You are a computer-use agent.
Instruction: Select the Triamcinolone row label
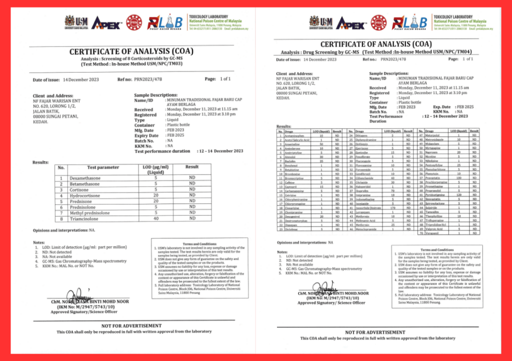point(87,218)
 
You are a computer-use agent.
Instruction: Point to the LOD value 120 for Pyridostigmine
point(457,194)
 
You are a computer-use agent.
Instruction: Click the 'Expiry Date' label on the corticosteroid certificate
point(146,135)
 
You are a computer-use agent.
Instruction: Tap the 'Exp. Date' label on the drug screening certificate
point(442,107)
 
